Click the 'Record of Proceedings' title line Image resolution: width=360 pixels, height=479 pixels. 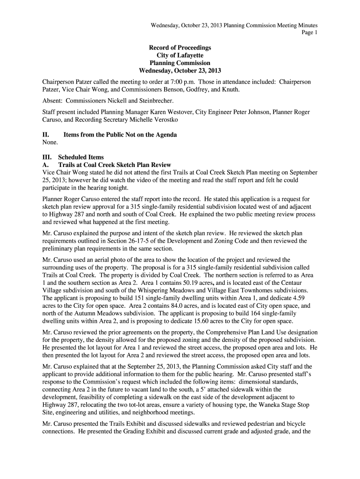[x=180, y=48]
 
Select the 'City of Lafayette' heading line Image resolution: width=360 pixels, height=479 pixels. [x=180, y=55]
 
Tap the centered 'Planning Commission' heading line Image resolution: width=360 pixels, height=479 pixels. [x=180, y=63]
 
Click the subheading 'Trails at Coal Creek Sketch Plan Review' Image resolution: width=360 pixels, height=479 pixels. [x=115, y=165]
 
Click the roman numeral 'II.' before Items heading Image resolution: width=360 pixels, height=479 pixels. [x=46, y=135]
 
